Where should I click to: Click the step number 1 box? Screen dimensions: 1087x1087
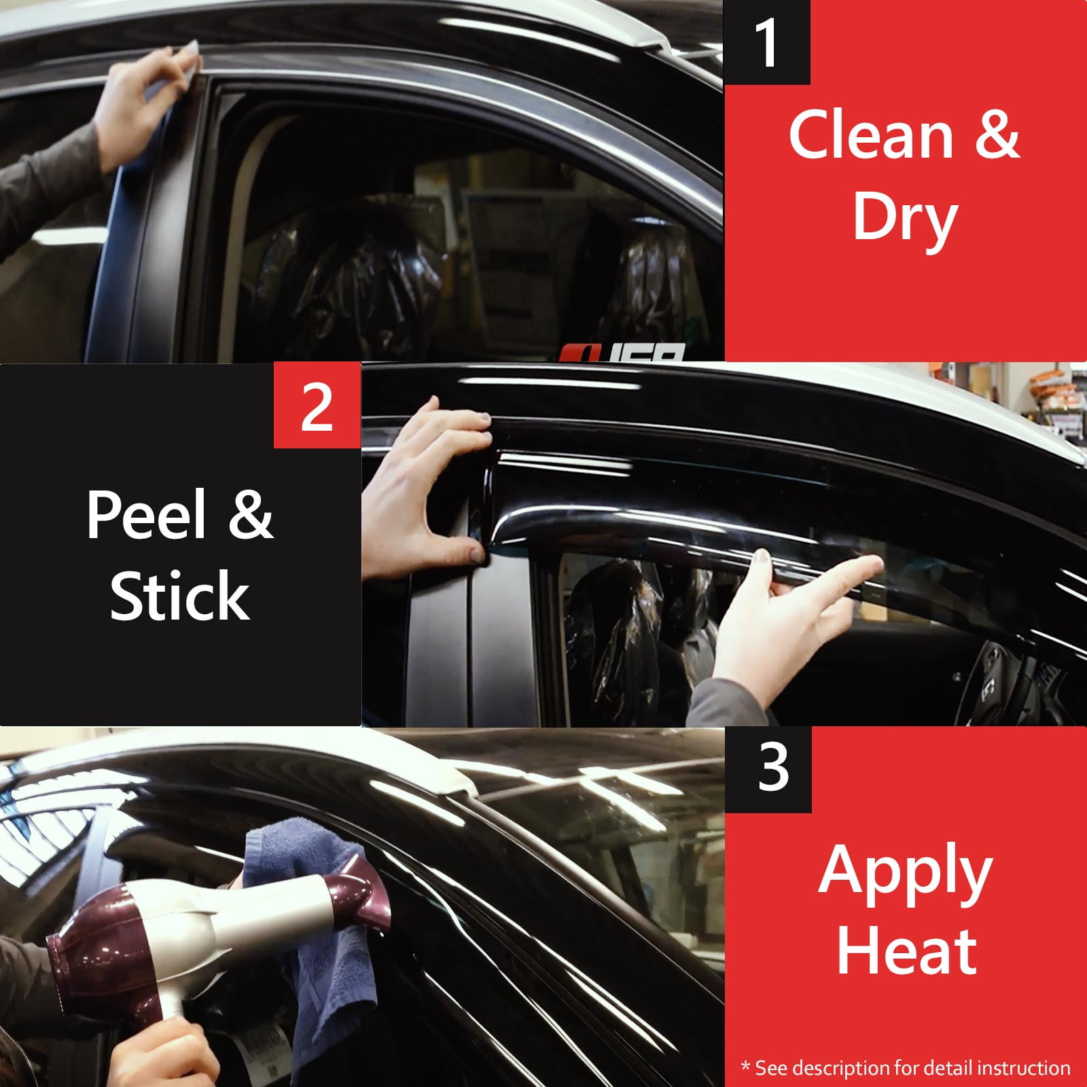[x=767, y=42]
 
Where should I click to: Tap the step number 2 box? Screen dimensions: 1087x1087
[x=317, y=406]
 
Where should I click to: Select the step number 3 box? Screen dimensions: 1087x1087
[x=768, y=770]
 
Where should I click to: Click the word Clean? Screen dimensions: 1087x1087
[x=872, y=135]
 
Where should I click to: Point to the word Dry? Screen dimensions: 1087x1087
[x=905, y=217]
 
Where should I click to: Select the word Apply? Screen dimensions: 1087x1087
[x=905, y=872]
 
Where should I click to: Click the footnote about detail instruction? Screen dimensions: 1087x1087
[x=906, y=1067]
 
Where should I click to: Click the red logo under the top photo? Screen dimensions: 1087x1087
[x=622, y=353]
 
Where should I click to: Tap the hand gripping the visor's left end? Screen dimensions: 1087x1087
[x=428, y=489]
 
